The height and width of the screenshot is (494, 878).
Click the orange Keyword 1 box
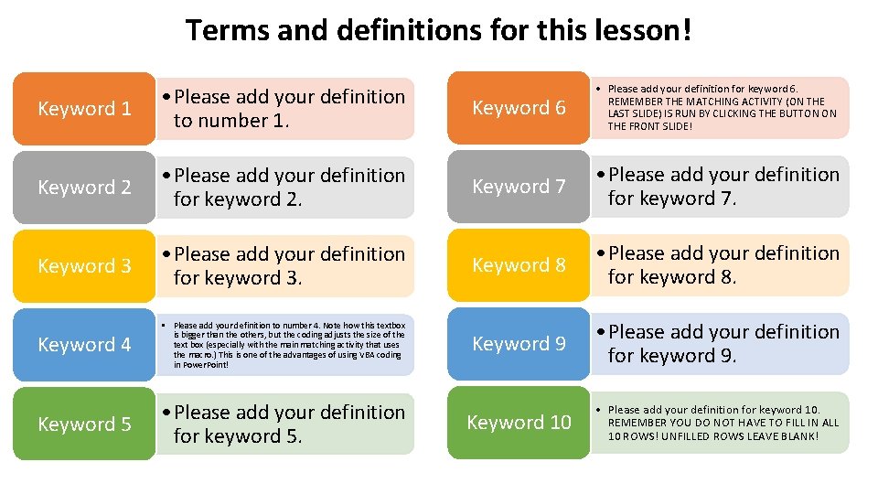click(x=85, y=108)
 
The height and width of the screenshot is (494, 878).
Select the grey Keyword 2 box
click(x=85, y=187)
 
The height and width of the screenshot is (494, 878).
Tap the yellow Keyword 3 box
click(x=85, y=265)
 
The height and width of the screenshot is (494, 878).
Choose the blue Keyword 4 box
click(x=85, y=345)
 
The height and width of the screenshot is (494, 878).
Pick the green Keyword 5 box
click(x=85, y=424)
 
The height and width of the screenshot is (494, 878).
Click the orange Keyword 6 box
click(x=519, y=107)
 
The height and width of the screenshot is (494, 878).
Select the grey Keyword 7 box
click(x=519, y=186)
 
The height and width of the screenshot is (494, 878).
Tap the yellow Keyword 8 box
click(x=519, y=264)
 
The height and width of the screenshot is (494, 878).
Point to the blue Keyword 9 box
click(x=519, y=343)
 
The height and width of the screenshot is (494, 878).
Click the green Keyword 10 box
click(x=519, y=422)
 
